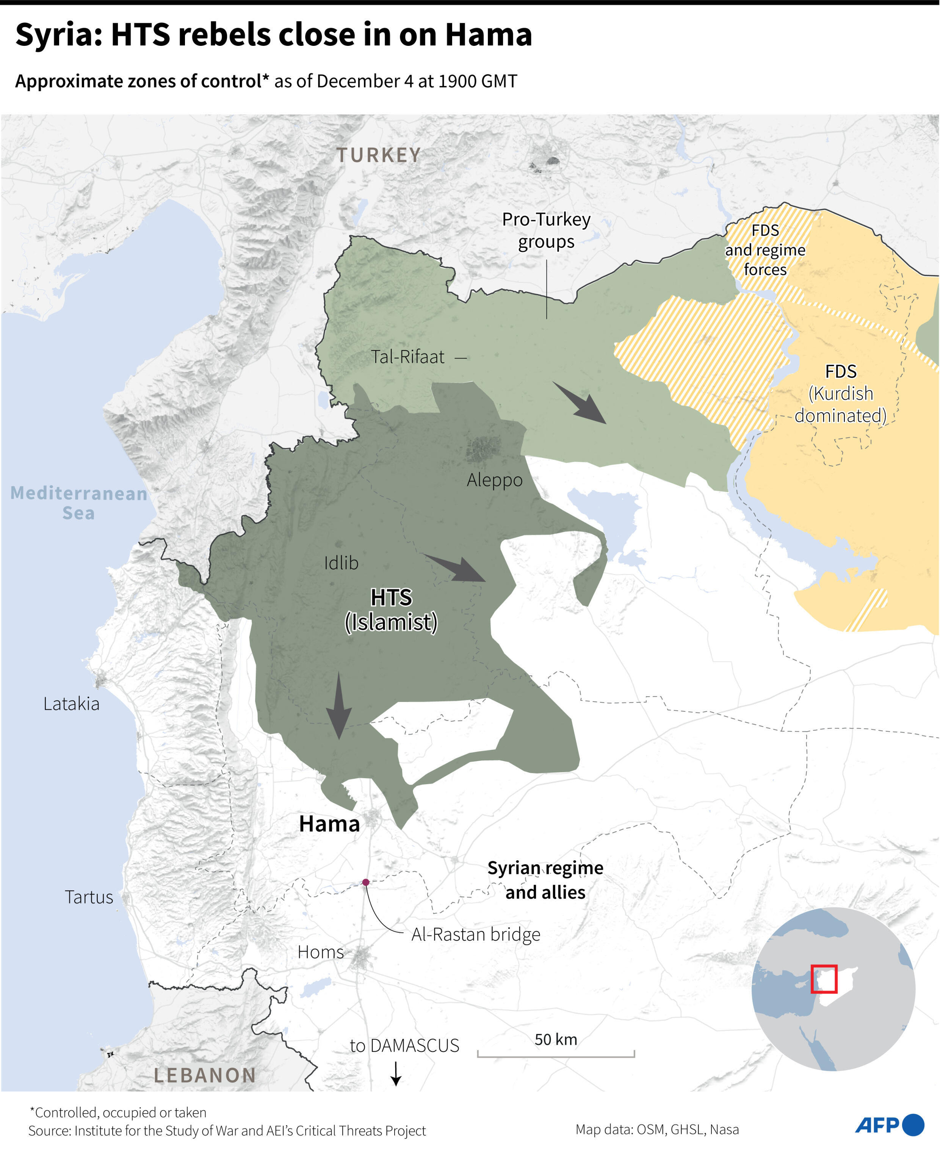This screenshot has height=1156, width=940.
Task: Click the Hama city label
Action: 329,824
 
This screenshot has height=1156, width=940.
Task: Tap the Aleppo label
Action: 494,480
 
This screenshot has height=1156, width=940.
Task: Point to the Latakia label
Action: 72,703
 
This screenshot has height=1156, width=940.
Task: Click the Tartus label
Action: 89,897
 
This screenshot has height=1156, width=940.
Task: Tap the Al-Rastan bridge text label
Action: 475,934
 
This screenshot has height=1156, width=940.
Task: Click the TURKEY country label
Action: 379,155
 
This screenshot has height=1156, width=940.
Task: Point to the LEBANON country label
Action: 205,1075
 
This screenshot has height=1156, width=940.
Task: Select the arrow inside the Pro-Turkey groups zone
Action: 580,403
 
